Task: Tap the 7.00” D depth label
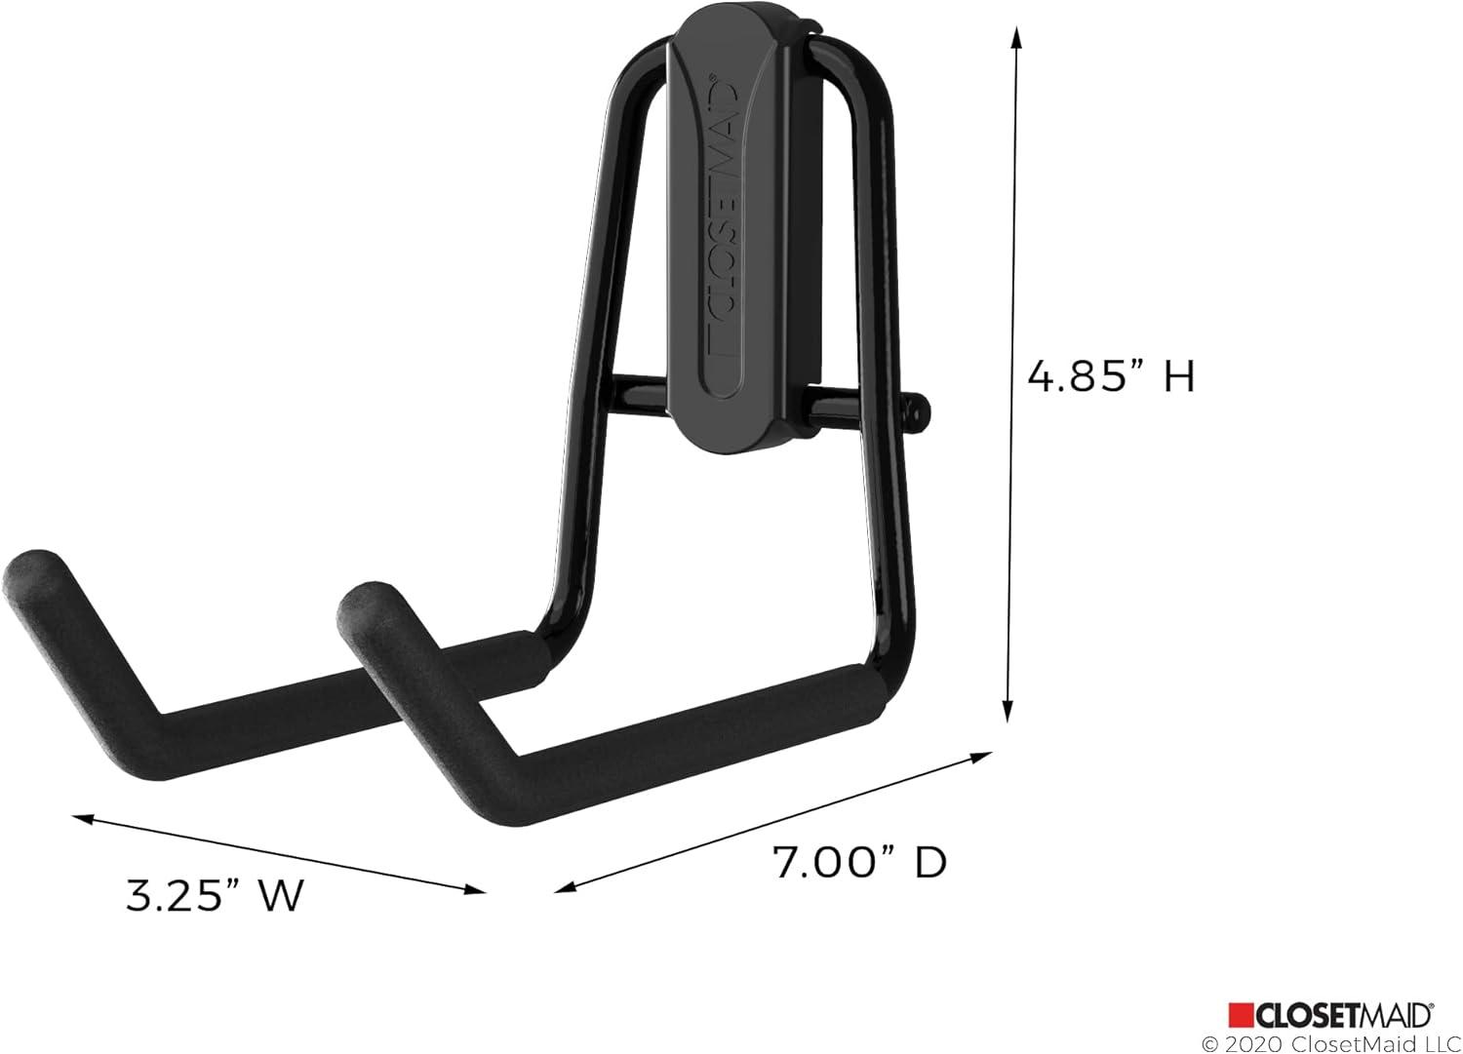click(x=859, y=862)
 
